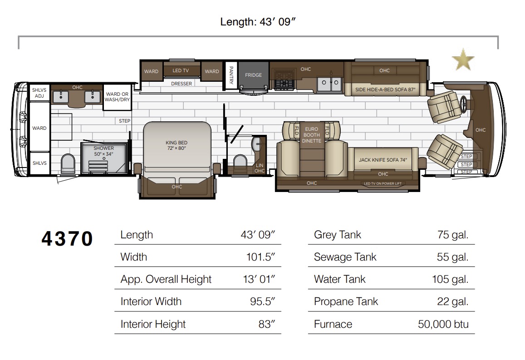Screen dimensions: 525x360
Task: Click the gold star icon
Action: pos(463,59)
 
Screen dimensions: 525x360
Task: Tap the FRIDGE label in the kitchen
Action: pos(253,75)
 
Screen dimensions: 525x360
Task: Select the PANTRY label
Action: pos(231,75)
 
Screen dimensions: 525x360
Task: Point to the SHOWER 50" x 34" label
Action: pos(103,151)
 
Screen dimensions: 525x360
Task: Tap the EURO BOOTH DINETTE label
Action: pos(311,135)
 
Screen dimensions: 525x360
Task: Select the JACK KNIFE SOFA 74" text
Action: pos(383,160)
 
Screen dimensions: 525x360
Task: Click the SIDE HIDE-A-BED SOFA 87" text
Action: pos(385,89)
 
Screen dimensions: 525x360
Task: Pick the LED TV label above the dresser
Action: pos(181,70)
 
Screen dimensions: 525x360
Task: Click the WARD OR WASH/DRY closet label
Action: pos(117,97)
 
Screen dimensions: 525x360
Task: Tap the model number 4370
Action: pos(67,239)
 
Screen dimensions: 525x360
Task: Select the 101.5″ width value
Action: pos(260,257)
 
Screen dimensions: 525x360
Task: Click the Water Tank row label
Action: pos(339,279)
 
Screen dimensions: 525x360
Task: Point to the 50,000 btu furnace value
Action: pos(443,324)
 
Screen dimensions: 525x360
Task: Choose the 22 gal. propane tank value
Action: pos(453,301)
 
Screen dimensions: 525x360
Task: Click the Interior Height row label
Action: pos(153,324)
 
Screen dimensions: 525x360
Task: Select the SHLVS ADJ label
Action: pos(39,93)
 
